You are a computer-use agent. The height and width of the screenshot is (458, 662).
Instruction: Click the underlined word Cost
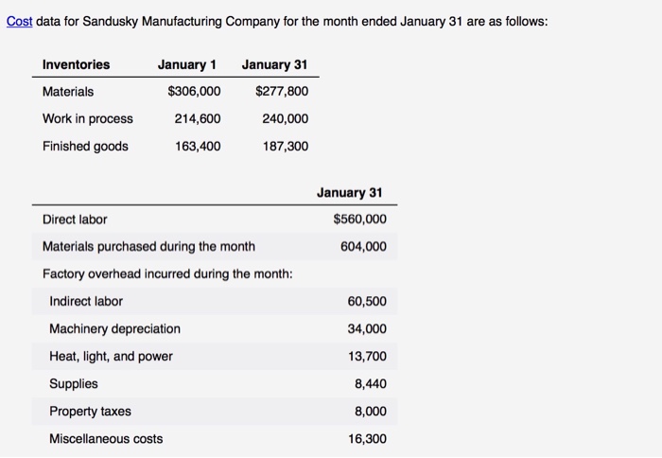[x=19, y=21]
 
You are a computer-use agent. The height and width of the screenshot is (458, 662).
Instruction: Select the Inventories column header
[x=76, y=64]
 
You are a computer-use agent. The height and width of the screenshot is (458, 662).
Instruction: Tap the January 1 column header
[x=186, y=64]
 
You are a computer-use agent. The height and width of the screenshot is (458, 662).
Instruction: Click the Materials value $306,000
[x=194, y=92]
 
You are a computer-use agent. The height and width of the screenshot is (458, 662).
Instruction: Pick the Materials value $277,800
[x=282, y=92]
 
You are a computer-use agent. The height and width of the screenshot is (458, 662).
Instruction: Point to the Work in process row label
[x=87, y=119]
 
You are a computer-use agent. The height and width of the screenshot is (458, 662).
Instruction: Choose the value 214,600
[x=198, y=119]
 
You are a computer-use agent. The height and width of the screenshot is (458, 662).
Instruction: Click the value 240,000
[x=286, y=119]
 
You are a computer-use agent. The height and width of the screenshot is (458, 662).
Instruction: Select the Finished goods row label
[x=85, y=147]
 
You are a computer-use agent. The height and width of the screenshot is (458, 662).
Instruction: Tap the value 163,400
[x=198, y=147]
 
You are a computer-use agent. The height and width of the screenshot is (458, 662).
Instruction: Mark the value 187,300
[x=286, y=147]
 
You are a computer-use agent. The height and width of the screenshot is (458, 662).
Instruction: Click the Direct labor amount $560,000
[x=359, y=220]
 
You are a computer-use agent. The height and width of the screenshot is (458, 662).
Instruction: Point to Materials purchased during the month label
[x=148, y=247]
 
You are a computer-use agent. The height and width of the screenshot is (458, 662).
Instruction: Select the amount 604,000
[x=363, y=247]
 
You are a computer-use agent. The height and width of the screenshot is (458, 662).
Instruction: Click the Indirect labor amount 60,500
[x=367, y=302]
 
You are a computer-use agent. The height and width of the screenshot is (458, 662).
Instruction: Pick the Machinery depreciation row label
[x=114, y=329]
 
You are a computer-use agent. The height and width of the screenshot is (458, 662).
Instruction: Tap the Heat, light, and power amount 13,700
[x=367, y=357]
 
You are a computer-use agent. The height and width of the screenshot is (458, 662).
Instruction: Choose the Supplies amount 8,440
[x=371, y=384]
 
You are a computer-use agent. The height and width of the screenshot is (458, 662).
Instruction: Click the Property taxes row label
[x=90, y=412]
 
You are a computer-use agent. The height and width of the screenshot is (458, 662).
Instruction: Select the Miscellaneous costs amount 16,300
[x=367, y=439]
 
